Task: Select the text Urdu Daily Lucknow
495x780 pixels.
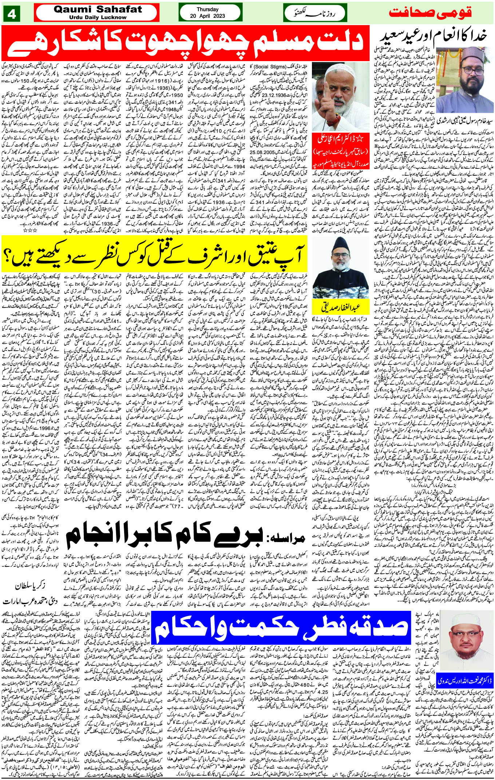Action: click(96, 17)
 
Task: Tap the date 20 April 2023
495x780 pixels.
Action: click(207, 16)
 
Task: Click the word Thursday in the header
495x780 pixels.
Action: click(207, 9)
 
